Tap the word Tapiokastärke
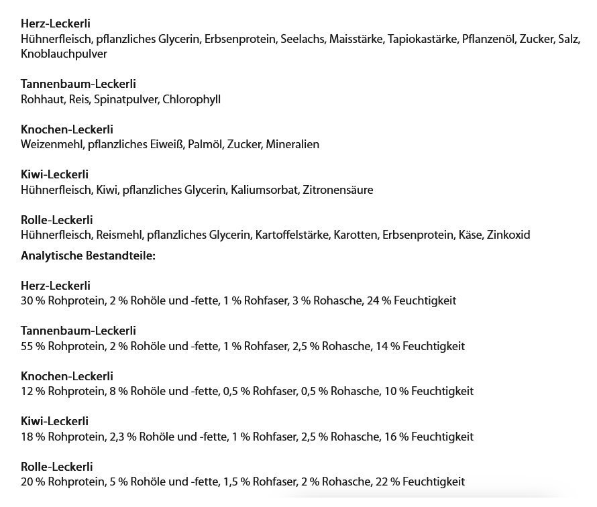pyautogui.click(x=422, y=40)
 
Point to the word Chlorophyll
pyautogui.click(x=191, y=99)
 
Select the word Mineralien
pyautogui.click(x=292, y=144)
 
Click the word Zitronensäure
pyautogui.click(x=338, y=190)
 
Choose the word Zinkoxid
pyautogui.click(x=509, y=235)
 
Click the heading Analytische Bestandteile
pyautogui.click(x=88, y=256)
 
